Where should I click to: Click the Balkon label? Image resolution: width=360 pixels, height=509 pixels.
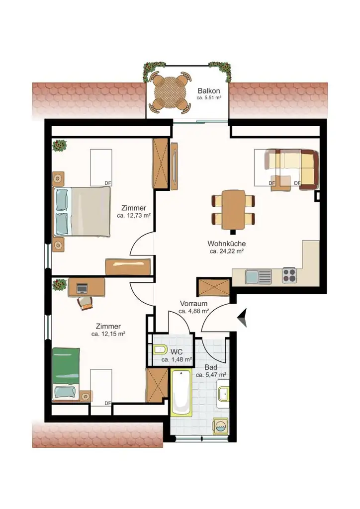(x=209, y=91)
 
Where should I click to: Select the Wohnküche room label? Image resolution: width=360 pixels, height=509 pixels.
(x=227, y=244)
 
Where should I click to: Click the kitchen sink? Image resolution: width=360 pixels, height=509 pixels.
(x=259, y=277)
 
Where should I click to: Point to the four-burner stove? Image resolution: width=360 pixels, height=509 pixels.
(x=289, y=275)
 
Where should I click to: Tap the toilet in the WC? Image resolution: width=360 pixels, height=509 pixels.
(x=160, y=350)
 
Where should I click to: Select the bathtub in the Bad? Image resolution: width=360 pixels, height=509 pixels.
(x=181, y=393)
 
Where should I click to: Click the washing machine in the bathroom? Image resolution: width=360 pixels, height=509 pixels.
(x=221, y=426)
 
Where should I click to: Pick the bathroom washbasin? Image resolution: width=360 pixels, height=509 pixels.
(x=223, y=394)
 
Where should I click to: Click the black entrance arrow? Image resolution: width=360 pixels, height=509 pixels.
(x=242, y=317)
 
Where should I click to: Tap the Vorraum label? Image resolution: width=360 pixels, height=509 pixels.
(x=193, y=304)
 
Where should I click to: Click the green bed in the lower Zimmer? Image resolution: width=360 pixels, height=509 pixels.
(x=66, y=374)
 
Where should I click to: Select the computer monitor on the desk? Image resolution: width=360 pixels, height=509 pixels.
(x=82, y=288)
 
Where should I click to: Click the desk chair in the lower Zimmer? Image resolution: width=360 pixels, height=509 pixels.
(x=85, y=302)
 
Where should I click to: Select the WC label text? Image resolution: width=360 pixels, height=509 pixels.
(x=176, y=351)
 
